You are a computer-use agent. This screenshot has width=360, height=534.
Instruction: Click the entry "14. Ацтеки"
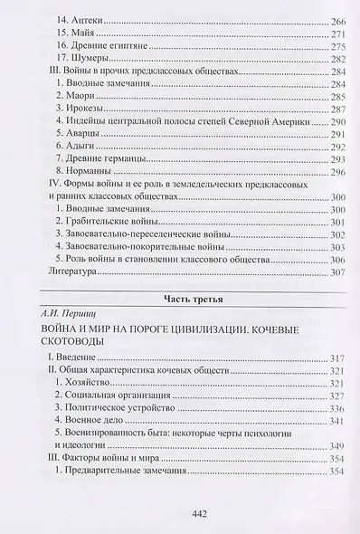tap(81, 19)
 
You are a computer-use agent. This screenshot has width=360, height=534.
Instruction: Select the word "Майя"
tap(87, 33)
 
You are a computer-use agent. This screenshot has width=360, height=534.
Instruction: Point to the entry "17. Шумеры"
tap(82, 60)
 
